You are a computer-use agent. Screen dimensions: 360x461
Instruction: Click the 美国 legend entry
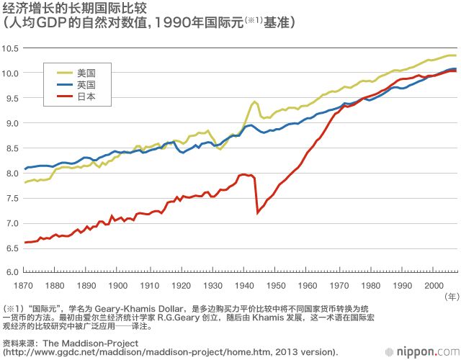tap(86, 72)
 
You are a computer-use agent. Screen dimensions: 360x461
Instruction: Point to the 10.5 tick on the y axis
tap(11, 48)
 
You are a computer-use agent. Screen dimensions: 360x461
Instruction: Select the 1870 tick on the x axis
tap(24, 286)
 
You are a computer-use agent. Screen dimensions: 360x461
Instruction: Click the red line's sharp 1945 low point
tap(258, 212)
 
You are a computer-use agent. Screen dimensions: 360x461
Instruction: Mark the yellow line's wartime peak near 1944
tap(255, 102)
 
